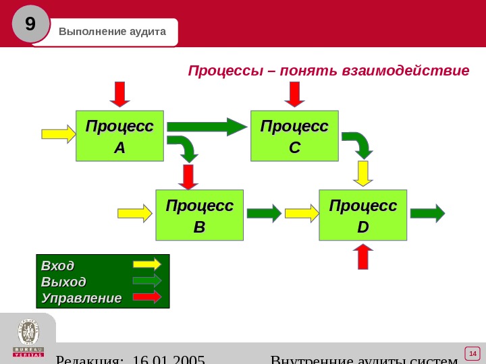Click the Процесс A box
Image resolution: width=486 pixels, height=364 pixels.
point(119,136)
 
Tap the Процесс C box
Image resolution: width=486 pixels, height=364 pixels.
point(294,136)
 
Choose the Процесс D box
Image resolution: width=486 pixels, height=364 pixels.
point(363,215)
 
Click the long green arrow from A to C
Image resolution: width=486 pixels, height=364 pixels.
point(207,127)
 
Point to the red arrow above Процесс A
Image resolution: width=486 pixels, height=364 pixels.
point(120,94)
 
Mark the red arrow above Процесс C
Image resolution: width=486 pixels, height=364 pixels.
point(294,94)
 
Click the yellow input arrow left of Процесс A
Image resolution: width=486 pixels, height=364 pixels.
point(58,133)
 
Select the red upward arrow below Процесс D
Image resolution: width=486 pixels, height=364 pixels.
point(363,256)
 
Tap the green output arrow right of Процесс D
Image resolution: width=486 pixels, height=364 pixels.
point(427,214)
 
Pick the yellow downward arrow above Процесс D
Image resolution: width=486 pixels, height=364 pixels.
point(363,173)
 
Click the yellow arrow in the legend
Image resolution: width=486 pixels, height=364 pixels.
point(147,264)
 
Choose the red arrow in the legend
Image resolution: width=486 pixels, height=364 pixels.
point(147,297)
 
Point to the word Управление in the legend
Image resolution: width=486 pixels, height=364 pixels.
point(81,298)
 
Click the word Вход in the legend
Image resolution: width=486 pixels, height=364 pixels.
point(57,265)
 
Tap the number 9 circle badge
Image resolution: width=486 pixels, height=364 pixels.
point(30,24)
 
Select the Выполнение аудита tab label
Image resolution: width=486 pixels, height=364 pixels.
point(112,32)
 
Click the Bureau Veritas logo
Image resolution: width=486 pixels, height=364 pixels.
point(28,338)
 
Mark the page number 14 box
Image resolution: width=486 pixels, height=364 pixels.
point(472,354)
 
